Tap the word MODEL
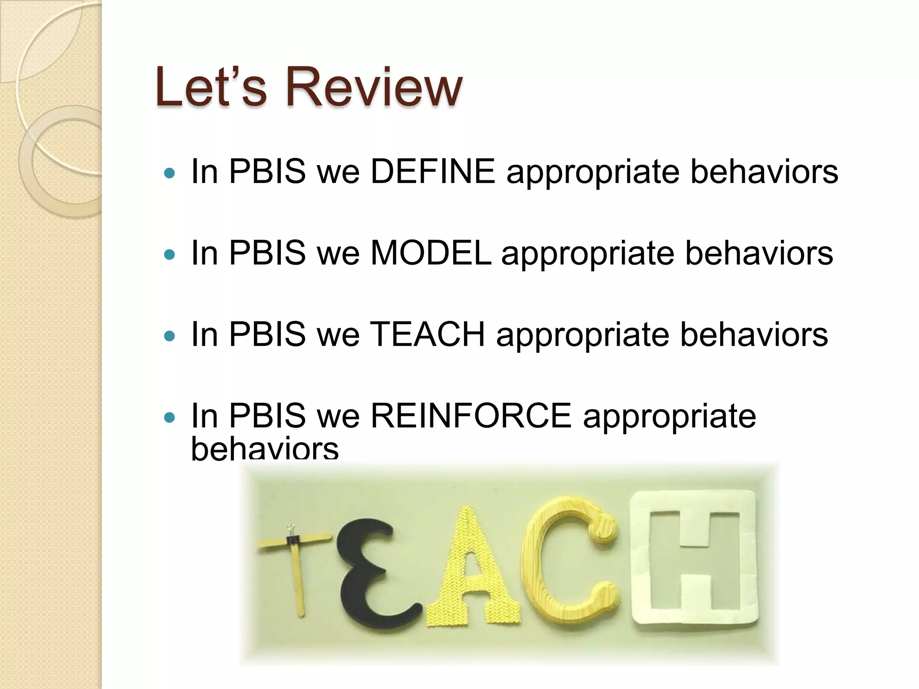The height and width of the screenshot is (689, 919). (x=431, y=253)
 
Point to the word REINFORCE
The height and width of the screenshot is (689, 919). (x=471, y=416)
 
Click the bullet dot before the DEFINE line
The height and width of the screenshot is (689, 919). (x=170, y=173)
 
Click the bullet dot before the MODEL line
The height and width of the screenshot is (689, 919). (x=170, y=255)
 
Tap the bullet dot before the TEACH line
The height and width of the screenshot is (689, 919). (x=170, y=336)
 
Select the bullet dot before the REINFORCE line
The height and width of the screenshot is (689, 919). (x=170, y=418)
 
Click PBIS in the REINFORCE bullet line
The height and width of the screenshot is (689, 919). (x=267, y=416)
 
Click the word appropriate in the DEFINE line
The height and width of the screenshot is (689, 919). (x=592, y=172)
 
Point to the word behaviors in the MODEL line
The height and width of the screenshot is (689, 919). (x=758, y=253)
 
